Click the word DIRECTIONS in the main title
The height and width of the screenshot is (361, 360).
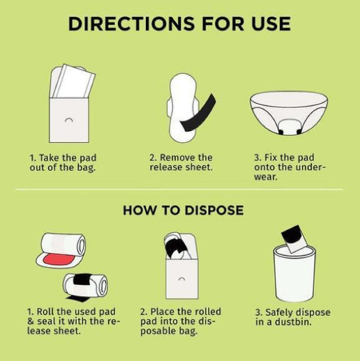(x=131, y=24)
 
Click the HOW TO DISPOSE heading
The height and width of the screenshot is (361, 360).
(x=183, y=210)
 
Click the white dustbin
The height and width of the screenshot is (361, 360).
(x=294, y=275)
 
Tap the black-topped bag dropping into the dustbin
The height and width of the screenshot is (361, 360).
(x=294, y=238)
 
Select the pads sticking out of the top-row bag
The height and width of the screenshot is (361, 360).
(x=72, y=82)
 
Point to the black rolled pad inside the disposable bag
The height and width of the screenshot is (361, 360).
(x=176, y=248)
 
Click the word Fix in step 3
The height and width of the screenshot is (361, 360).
(x=271, y=158)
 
